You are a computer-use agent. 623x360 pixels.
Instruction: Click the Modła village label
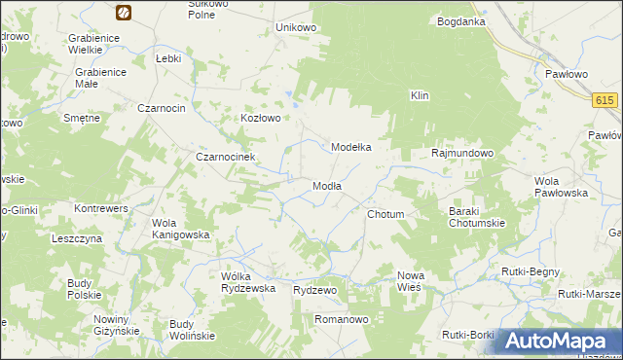click(326, 186)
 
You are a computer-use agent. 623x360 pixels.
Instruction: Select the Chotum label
click(385, 213)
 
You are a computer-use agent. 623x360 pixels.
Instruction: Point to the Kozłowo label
click(261, 119)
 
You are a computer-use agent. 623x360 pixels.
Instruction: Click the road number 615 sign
click(605, 100)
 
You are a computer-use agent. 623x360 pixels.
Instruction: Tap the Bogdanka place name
click(461, 21)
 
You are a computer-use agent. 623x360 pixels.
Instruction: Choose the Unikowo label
click(297, 27)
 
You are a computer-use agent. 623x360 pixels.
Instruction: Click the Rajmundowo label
click(463, 154)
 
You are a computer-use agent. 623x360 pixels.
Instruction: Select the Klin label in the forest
click(420, 96)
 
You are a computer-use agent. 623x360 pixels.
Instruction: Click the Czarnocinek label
click(225, 157)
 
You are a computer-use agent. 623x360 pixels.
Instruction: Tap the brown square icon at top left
click(124, 12)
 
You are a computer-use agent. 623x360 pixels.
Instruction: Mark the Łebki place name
click(169, 58)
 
